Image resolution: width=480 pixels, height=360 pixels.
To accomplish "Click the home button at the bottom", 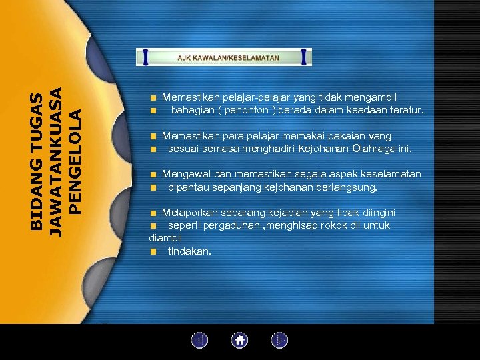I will (239, 341).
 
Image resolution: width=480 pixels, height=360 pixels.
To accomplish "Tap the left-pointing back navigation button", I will (199, 341).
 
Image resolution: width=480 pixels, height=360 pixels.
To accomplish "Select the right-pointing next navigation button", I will (279, 341).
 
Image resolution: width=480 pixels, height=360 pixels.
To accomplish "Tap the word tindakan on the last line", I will (189, 251).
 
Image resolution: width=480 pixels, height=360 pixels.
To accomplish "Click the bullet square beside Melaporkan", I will (153, 213).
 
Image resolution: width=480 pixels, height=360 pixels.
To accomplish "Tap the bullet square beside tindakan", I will (153, 251).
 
